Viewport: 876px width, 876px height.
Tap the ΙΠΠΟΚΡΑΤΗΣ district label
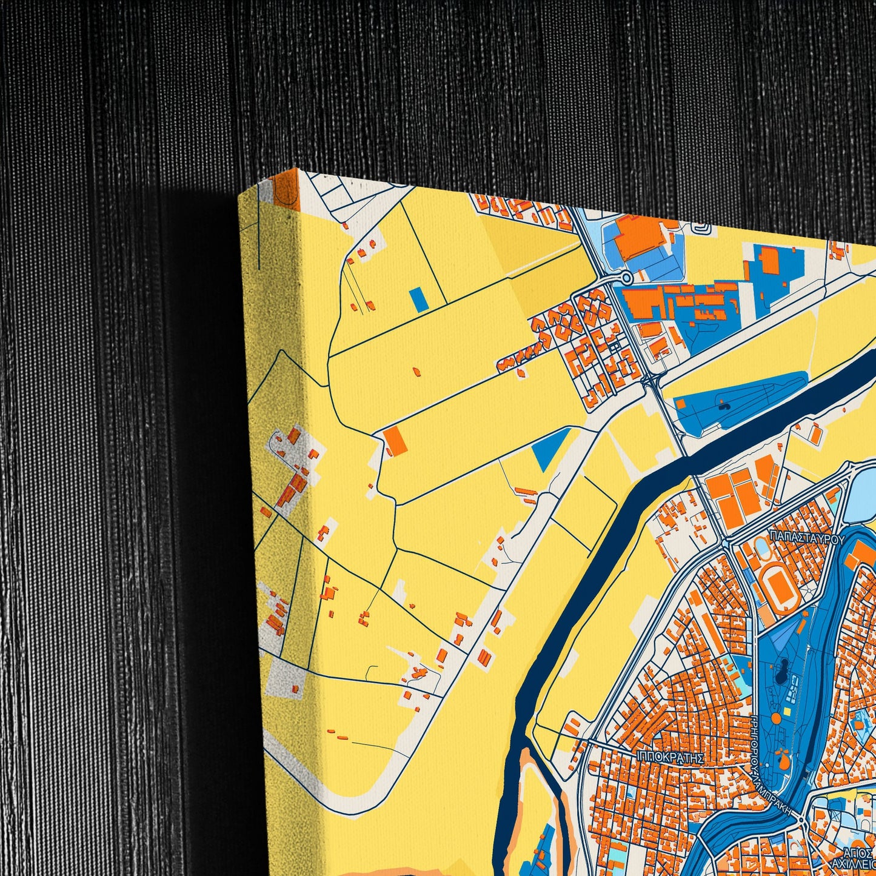(x=670, y=758)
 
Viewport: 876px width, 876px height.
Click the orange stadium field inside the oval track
(x=779, y=585)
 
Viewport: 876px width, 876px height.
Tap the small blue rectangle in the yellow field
(x=416, y=299)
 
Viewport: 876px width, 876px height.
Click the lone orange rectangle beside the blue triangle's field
(x=395, y=440)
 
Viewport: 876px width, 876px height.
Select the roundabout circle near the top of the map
(x=626, y=278)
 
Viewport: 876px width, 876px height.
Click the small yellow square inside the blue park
(x=787, y=710)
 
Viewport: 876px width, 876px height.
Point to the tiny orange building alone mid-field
(x=416, y=370)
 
